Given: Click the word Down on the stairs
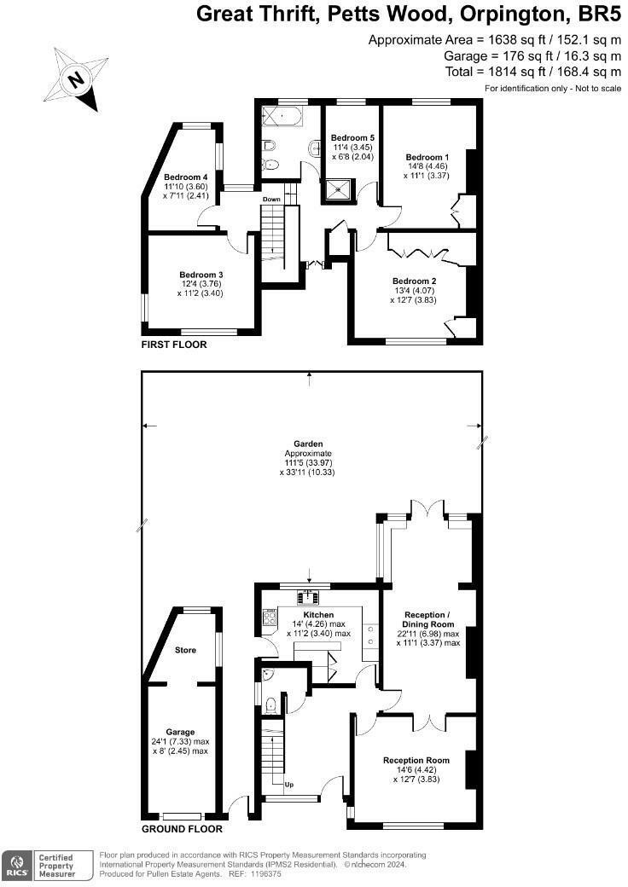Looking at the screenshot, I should pyautogui.click(x=271, y=200).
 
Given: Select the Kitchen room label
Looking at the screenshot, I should pyautogui.click(x=318, y=615).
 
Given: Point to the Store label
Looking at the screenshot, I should pyautogui.click(x=185, y=650).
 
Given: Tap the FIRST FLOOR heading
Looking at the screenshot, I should pyautogui.click(x=174, y=345).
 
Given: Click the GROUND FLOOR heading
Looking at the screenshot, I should pyautogui.click(x=182, y=829).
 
